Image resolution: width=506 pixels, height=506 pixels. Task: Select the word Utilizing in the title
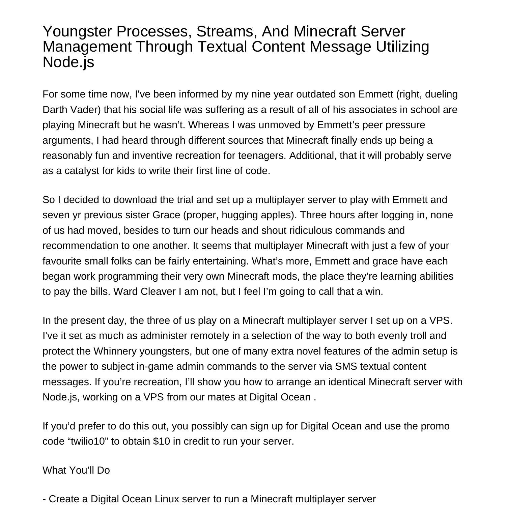coord(402,47)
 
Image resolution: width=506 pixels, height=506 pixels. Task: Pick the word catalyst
coord(81,171)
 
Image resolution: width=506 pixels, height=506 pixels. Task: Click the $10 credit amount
coord(161,441)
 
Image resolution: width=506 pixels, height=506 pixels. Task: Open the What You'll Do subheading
coord(76,470)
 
